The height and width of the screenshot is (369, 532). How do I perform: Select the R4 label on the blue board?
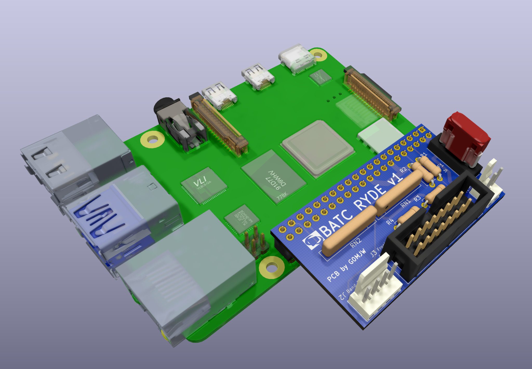click(x=390, y=222)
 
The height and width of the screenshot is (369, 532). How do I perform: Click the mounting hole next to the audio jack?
click(x=152, y=140)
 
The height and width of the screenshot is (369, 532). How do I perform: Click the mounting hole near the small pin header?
click(x=271, y=267)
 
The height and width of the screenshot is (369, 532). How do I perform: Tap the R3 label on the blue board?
click(x=417, y=198)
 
